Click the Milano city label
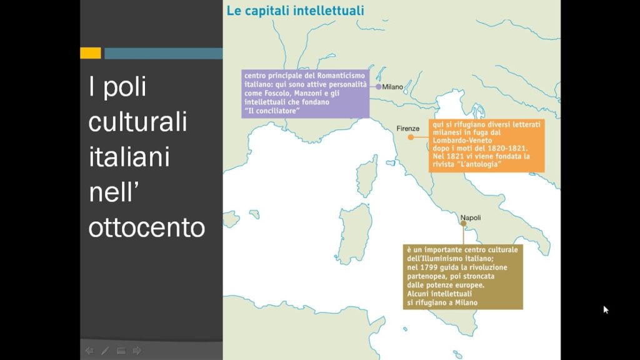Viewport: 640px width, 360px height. point(392,86)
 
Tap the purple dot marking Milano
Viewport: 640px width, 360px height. point(378,86)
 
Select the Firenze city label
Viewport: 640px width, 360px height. point(407,129)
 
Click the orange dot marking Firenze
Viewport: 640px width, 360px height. point(411,137)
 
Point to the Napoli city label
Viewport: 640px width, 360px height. point(470,217)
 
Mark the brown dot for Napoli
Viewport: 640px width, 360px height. point(463,223)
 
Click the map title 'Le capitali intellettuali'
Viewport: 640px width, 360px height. point(295,11)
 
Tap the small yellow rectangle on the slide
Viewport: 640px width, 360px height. point(90,53)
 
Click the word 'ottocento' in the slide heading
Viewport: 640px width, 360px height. point(146,227)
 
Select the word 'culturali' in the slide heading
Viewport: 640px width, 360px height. point(137,121)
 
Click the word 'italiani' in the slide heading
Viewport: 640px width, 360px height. point(129,157)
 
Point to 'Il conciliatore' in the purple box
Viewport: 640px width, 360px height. point(272,111)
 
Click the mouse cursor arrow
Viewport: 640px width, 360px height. point(606,310)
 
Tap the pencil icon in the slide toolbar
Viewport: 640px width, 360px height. point(105,351)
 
